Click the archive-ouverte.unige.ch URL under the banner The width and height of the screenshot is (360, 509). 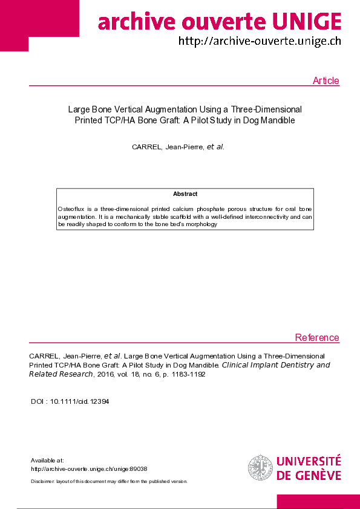tap(260, 41)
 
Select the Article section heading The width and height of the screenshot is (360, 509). tap(326, 81)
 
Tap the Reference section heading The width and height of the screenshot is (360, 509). tap(317, 337)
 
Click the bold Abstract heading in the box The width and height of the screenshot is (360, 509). tap(185, 194)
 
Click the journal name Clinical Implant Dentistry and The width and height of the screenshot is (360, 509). tap(276, 365)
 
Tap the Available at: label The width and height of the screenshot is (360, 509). tap(47, 460)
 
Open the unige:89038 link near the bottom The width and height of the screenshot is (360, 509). tap(89, 469)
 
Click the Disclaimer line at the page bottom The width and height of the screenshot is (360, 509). tap(109, 481)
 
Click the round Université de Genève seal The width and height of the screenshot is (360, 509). tap(260, 468)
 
